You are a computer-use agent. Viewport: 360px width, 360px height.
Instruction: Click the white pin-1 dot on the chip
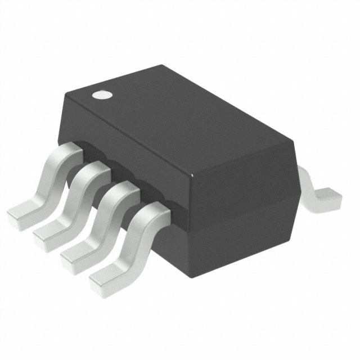[101, 94]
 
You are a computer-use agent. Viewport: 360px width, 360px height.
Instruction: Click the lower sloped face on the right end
[242, 236]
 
